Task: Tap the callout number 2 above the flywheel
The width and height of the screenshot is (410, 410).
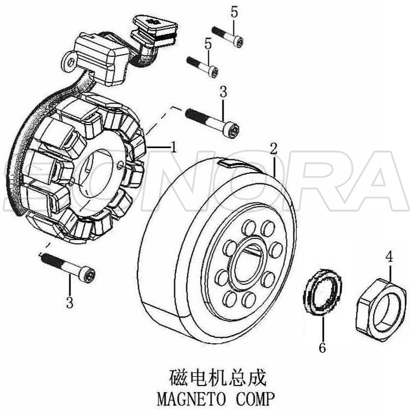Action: pos(274,149)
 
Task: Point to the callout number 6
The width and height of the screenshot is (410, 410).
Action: pos(322,347)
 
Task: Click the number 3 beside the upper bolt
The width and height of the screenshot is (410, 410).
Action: pos(222,92)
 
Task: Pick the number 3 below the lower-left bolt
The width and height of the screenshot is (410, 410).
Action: pos(70,302)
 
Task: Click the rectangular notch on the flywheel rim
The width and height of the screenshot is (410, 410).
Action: pos(229,163)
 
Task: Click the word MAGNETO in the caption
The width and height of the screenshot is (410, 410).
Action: pos(188,398)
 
